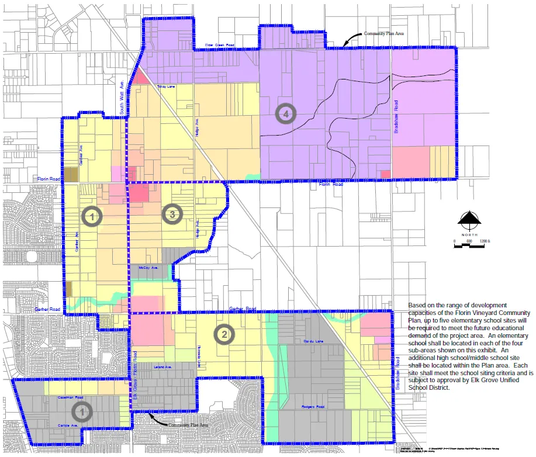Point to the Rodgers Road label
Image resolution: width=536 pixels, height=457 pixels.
coord(313,406)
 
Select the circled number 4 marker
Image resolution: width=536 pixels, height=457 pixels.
coord(286,114)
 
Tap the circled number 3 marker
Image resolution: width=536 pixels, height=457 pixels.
coord(172,214)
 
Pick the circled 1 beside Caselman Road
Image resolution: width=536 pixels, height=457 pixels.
coord(82,411)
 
